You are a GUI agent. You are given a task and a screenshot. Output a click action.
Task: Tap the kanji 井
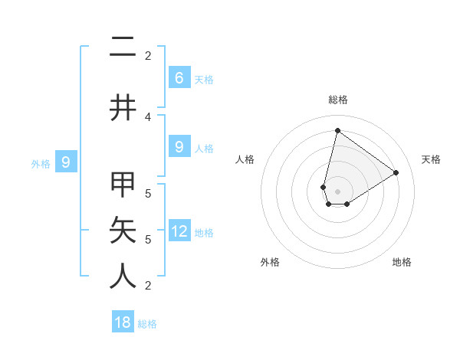(123, 108)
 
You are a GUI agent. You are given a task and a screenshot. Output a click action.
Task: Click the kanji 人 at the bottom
(123, 277)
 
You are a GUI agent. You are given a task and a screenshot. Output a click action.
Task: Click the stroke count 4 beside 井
(148, 116)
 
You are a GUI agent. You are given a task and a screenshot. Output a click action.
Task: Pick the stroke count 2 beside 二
(148, 55)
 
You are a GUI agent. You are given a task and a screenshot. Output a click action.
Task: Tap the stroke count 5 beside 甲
(148, 193)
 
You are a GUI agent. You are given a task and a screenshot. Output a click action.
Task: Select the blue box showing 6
(179, 77)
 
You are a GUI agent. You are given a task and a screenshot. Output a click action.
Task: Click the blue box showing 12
(179, 231)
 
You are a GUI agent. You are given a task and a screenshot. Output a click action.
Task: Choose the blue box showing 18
(123, 322)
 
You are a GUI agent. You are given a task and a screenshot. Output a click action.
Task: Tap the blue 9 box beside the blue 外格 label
(66, 162)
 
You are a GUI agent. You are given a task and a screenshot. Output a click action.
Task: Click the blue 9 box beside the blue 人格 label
(179, 146)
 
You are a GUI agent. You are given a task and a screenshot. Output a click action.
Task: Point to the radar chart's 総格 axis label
(337, 100)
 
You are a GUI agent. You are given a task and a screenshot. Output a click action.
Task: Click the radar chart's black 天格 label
(431, 159)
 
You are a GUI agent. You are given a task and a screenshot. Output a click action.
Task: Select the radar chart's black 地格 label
(402, 262)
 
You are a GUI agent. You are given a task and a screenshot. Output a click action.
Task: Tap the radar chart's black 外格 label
(270, 262)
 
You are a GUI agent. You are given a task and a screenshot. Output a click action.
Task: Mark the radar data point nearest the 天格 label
(396, 172)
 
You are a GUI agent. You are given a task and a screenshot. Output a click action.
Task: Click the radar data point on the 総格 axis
(337, 130)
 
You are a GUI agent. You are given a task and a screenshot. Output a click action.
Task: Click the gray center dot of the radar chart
(337, 191)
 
